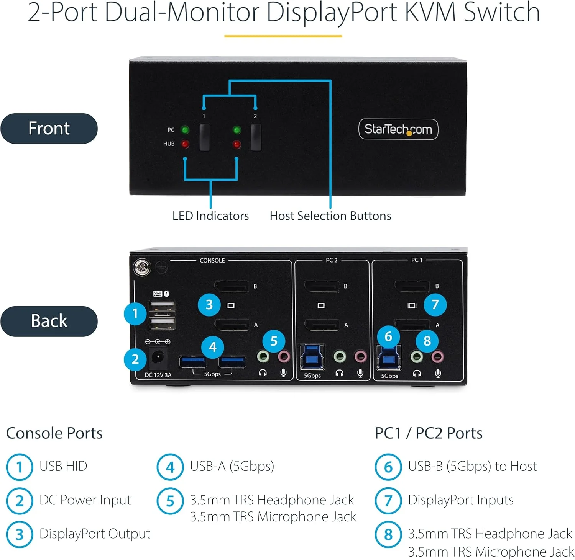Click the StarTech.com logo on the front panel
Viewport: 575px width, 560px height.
[x=398, y=129]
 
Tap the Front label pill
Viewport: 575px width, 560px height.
[x=49, y=128]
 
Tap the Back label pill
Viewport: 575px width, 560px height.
[x=49, y=321]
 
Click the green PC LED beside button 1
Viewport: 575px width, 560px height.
[x=185, y=130]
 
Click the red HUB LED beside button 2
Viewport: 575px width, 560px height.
[x=237, y=144]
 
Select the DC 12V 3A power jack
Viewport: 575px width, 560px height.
[x=157, y=358]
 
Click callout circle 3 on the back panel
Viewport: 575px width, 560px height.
[x=209, y=305]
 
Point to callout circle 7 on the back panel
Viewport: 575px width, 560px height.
[x=435, y=305]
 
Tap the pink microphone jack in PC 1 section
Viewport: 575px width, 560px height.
[x=437, y=358]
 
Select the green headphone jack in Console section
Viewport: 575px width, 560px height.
[x=263, y=357]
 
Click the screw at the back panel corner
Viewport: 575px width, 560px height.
[x=142, y=267]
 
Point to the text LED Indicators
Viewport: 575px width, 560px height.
[x=210, y=216]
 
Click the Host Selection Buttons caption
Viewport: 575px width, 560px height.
[x=330, y=216]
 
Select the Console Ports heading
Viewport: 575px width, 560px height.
[x=54, y=433]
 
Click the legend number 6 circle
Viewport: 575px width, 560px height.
[x=388, y=467]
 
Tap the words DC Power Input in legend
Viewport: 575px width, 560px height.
[x=85, y=500]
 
